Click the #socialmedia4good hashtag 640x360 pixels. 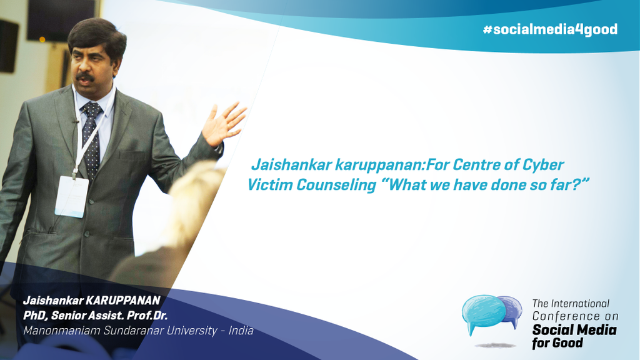[550, 29]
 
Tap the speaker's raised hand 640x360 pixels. [223, 124]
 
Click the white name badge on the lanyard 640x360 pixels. [72, 197]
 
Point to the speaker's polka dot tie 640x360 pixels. [91, 139]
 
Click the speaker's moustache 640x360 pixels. [85, 76]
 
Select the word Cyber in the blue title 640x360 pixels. [543, 164]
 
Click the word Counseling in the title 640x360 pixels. [336, 184]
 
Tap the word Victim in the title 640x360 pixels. [270, 184]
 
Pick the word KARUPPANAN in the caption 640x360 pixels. [122, 301]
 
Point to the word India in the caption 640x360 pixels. [241, 330]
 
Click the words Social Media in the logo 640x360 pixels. [574, 329]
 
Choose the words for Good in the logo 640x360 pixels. [557, 343]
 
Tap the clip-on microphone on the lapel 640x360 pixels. [75, 121]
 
